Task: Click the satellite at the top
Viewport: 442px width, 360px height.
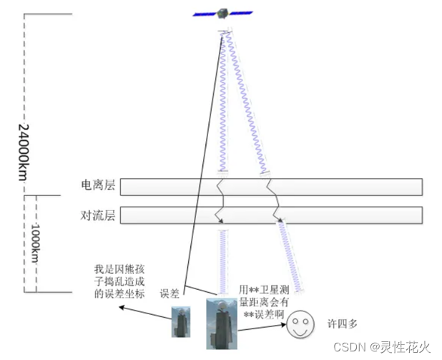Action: (x=223, y=14)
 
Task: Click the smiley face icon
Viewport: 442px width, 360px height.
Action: (x=300, y=328)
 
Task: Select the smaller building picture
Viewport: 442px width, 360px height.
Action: (x=179, y=320)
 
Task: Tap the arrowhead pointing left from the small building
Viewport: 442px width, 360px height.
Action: (x=121, y=308)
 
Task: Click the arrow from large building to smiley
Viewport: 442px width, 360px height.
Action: (x=260, y=329)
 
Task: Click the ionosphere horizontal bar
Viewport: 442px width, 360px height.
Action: (x=272, y=186)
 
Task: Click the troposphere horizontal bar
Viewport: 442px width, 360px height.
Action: (x=272, y=214)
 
